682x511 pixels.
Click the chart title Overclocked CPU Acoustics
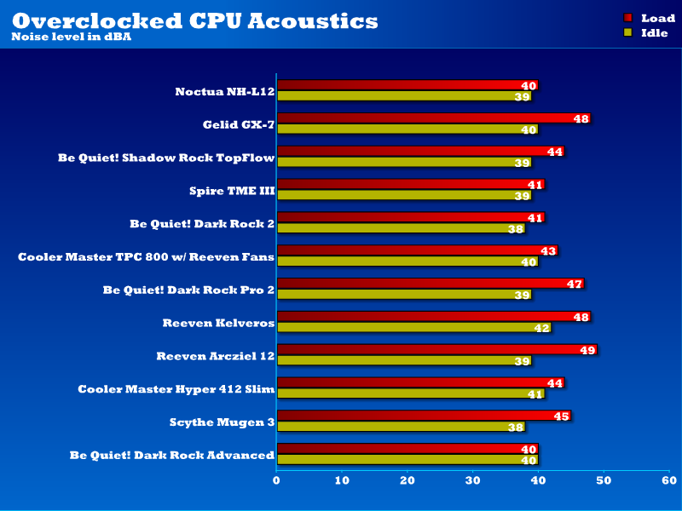(x=194, y=20)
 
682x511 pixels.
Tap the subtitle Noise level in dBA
(x=66, y=37)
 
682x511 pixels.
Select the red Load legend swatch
(x=628, y=18)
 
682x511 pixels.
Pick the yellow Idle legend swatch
(x=628, y=32)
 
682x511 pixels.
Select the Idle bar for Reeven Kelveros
(x=413, y=327)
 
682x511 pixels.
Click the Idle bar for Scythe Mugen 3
(x=401, y=427)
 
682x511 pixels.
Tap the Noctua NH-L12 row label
(x=224, y=91)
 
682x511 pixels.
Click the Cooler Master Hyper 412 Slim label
(x=176, y=389)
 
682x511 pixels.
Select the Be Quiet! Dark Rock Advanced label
(x=171, y=455)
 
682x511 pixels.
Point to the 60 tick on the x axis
(x=669, y=481)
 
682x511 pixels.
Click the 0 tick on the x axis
(x=277, y=481)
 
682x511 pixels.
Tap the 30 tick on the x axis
(x=473, y=481)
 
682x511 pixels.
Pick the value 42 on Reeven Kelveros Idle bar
(x=542, y=328)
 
